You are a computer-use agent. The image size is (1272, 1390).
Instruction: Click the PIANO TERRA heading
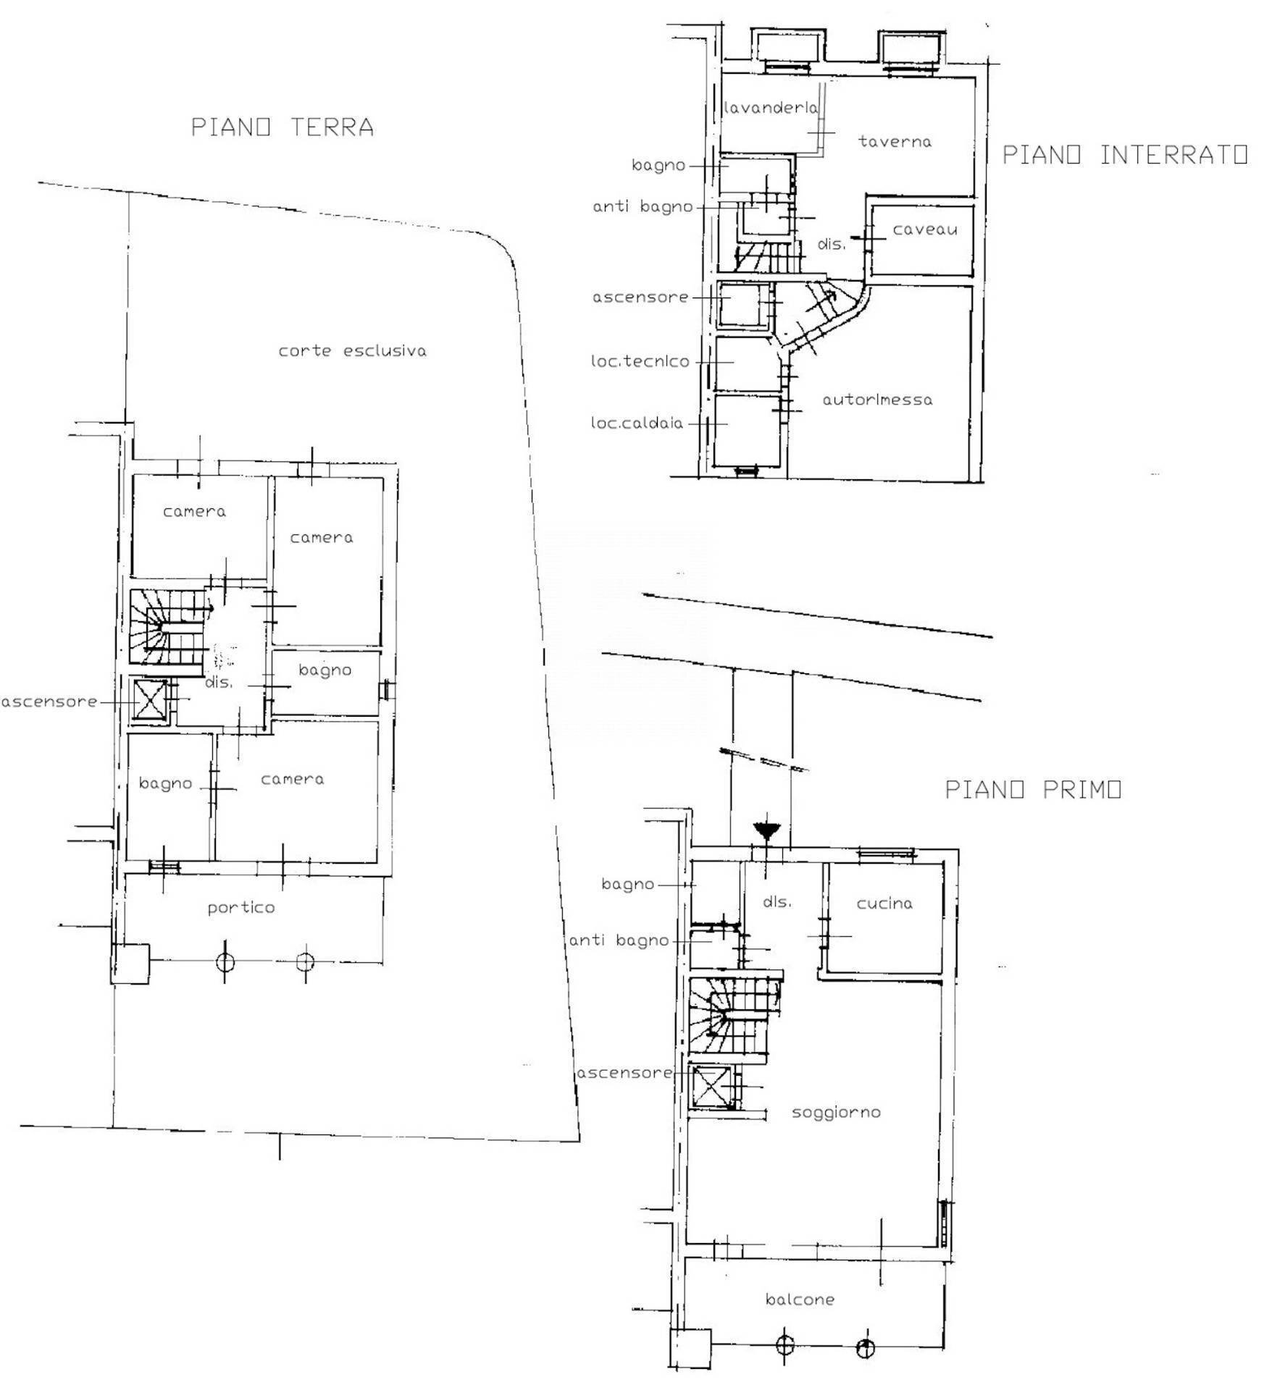[283, 127]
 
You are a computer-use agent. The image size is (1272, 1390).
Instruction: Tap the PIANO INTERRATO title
[1124, 155]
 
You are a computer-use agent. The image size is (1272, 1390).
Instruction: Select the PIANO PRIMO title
[1033, 789]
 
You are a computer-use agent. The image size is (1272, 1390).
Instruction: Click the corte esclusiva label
[353, 351]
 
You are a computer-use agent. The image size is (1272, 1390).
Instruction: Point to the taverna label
[895, 142]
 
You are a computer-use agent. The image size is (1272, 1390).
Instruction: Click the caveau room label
[924, 230]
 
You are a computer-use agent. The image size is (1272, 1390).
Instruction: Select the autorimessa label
[877, 400]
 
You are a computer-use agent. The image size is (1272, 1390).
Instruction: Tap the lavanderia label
[771, 109]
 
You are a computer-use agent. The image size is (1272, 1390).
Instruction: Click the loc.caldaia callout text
[637, 424]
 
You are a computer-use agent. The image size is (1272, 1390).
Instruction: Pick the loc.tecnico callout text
[640, 361]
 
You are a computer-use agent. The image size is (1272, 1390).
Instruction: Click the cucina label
[884, 903]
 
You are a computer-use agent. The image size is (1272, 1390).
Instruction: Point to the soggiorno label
[836, 1112]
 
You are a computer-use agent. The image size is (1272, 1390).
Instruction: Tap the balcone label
[800, 1300]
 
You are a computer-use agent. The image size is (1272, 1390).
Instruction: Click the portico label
[241, 908]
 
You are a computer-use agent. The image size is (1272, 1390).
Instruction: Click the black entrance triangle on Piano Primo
[766, 830]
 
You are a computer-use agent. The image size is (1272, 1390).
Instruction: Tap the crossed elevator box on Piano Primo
[711, 1087]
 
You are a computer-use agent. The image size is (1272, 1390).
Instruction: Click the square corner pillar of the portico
[131, 963]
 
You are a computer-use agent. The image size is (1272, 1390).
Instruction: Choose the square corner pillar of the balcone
[690, 1347]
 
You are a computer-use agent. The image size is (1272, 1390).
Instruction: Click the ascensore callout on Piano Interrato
[640, 298]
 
